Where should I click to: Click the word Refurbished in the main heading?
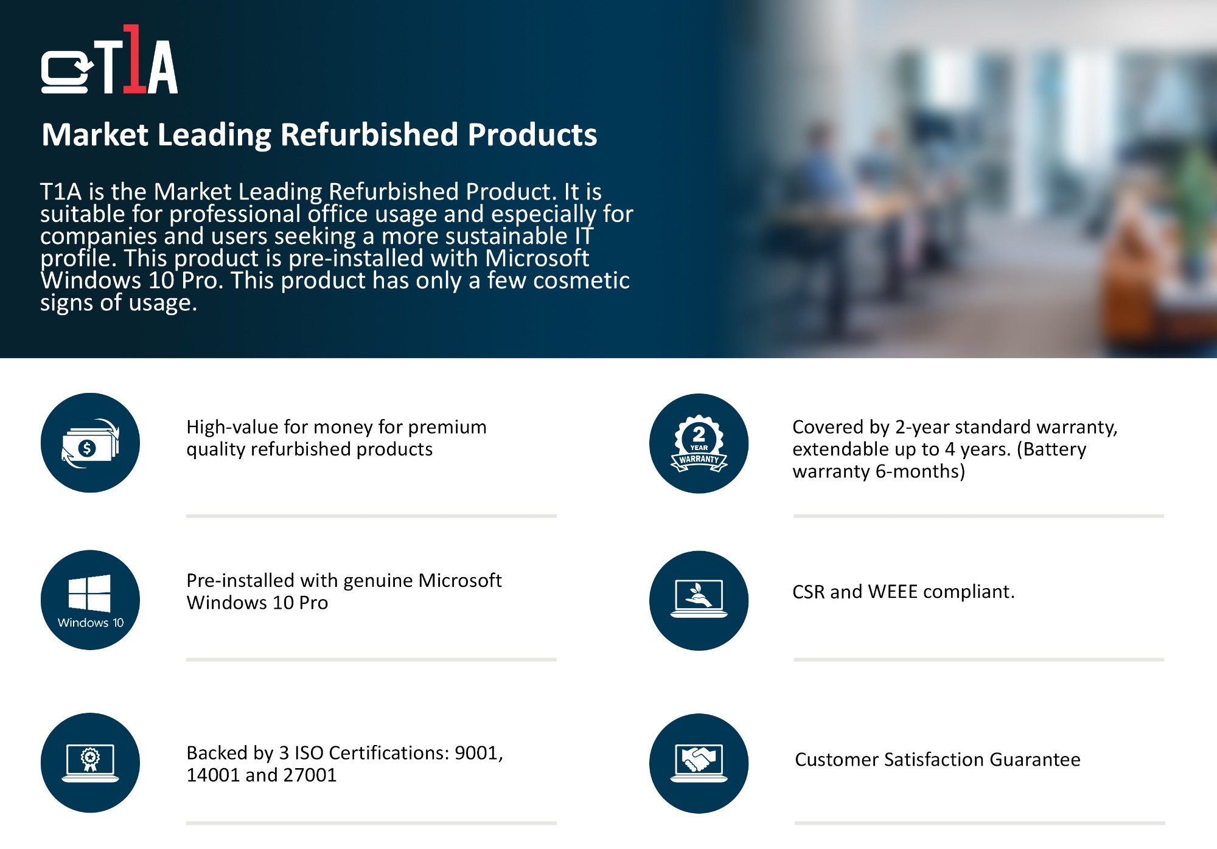tap(369, 134)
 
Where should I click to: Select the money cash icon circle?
tap(90, 443)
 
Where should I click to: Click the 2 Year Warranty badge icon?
tap(699, 443)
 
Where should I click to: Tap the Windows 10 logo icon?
tap(90, 600)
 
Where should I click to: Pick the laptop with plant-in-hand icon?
tap(699, 601)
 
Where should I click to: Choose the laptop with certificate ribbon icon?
tap(90, 763)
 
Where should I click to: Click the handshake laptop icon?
tap(699, 763)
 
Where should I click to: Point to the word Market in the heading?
tap(95, 134)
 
